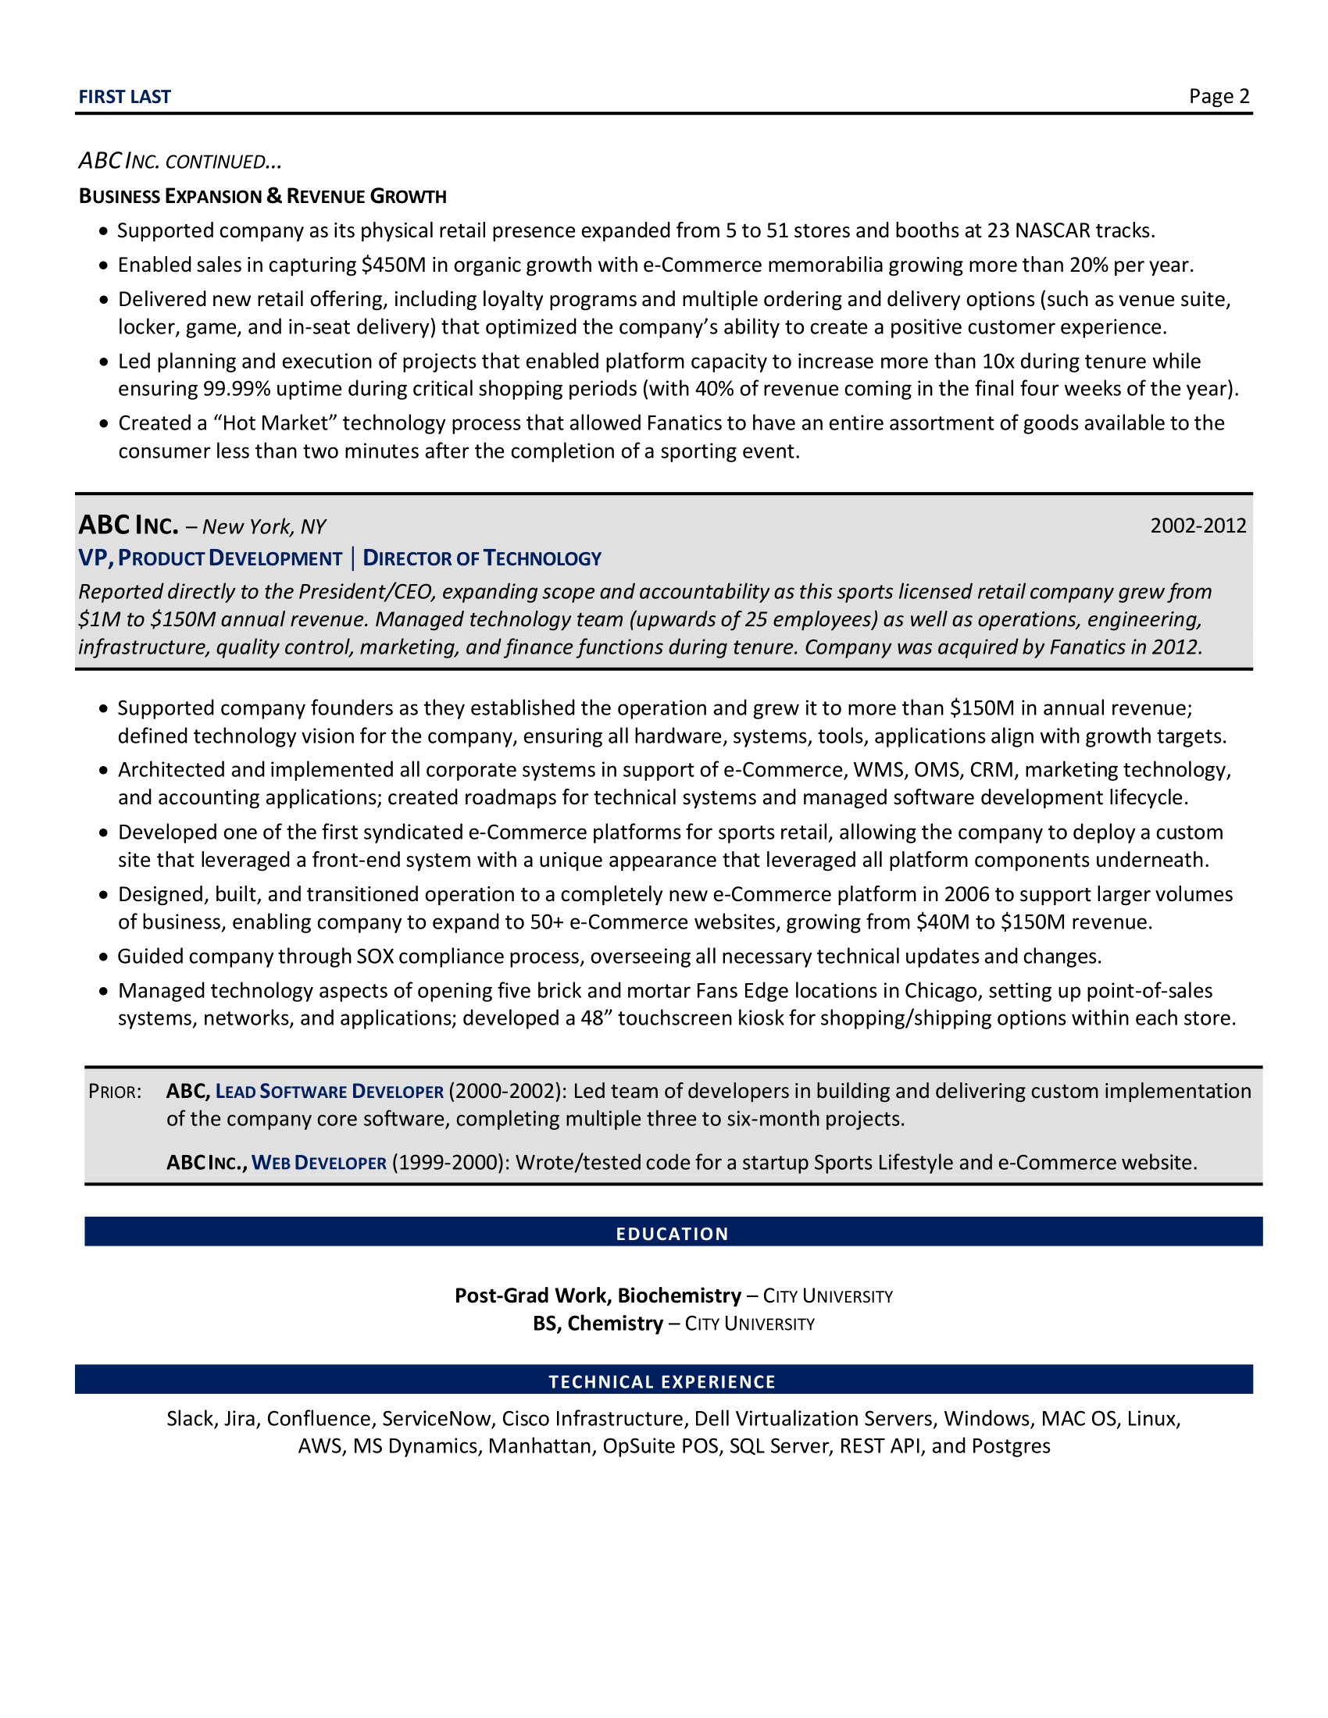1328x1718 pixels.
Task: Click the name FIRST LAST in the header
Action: [x=124, y=97]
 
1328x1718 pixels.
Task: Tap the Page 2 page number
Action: [x=1219, y=96]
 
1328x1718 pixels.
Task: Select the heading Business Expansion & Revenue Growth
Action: [x=262, y=196]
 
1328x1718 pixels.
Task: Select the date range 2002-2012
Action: [x=1198, y=526]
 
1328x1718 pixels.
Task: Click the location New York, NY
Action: [x=263, y=527]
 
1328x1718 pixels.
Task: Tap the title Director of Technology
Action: [x=481, y=558]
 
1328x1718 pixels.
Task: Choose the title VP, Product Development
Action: [x=210, y=558]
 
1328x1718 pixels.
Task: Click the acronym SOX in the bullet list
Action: [x=375, y=957]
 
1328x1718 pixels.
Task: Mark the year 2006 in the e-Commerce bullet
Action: [x=967, y=894]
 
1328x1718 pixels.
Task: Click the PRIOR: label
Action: [x=115, y=1092]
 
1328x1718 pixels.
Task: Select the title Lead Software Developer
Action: [x=330, y=1092]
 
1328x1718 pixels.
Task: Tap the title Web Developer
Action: [x=319, y=1163]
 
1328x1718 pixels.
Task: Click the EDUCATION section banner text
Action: [x=672, y=1233]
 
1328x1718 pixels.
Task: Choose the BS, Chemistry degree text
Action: [x=598, y=1324]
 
